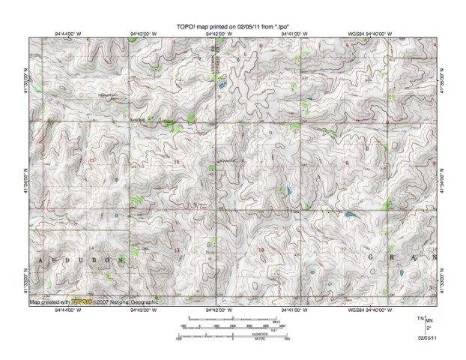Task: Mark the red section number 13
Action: (x=177, y=250)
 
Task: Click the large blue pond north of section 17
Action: (x=349, y=216)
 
